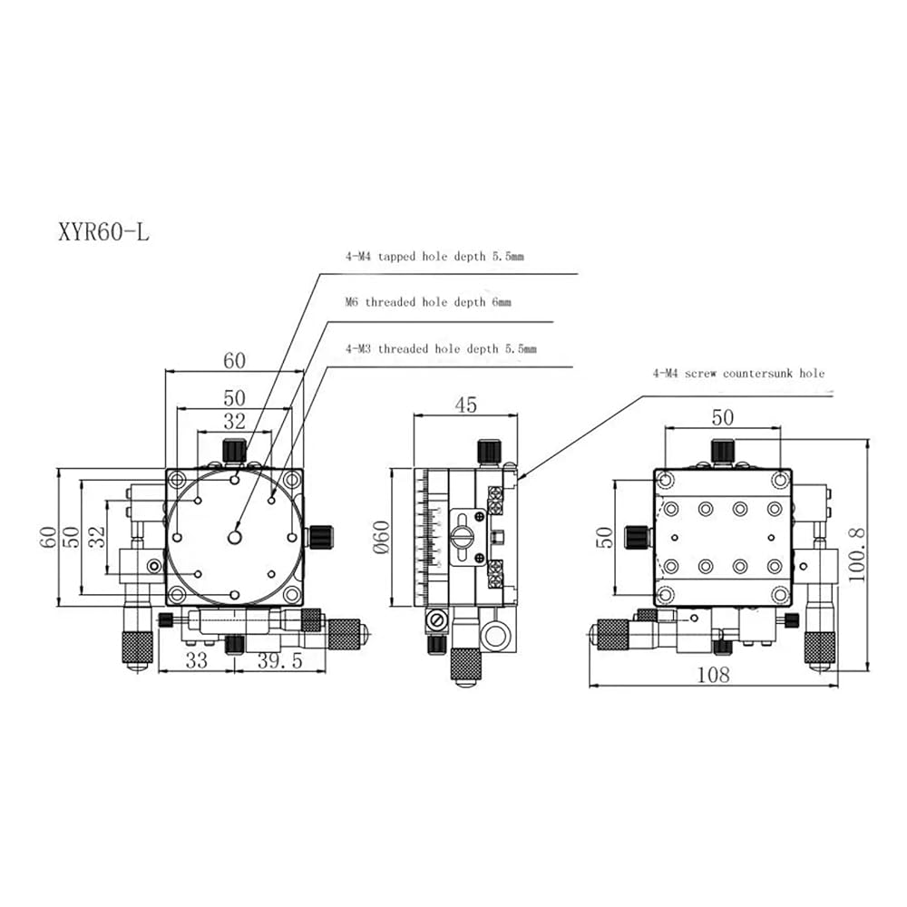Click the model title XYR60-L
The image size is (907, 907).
[103, 232]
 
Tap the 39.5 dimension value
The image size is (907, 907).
[280, 660]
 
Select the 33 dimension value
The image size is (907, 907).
[196, 660]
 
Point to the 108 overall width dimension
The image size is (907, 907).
[713, 675]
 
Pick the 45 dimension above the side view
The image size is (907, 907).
[465, 405]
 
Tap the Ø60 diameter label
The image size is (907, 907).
[381, 537]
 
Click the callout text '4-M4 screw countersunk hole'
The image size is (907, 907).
[738, 374]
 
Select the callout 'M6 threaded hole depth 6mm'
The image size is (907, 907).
[428, 302]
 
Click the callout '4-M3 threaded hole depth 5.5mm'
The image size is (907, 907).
[441, 349]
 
